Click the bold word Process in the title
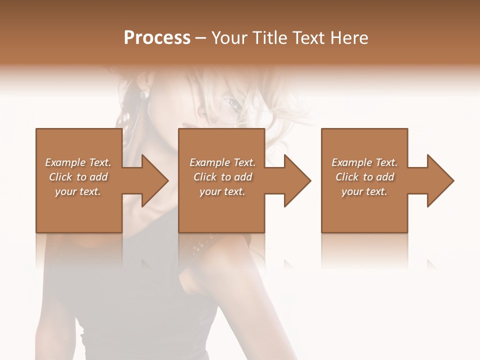tap(157, 38)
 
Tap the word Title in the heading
tap(270, 38)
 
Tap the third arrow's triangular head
tap(440, 180)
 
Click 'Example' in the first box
tap(65, 162)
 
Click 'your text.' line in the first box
tap(78, 191)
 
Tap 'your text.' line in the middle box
tap(222, 191)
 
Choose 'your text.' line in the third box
tap(364, 191)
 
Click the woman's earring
tap(143, 94)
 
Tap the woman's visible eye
tap(231, 102)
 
